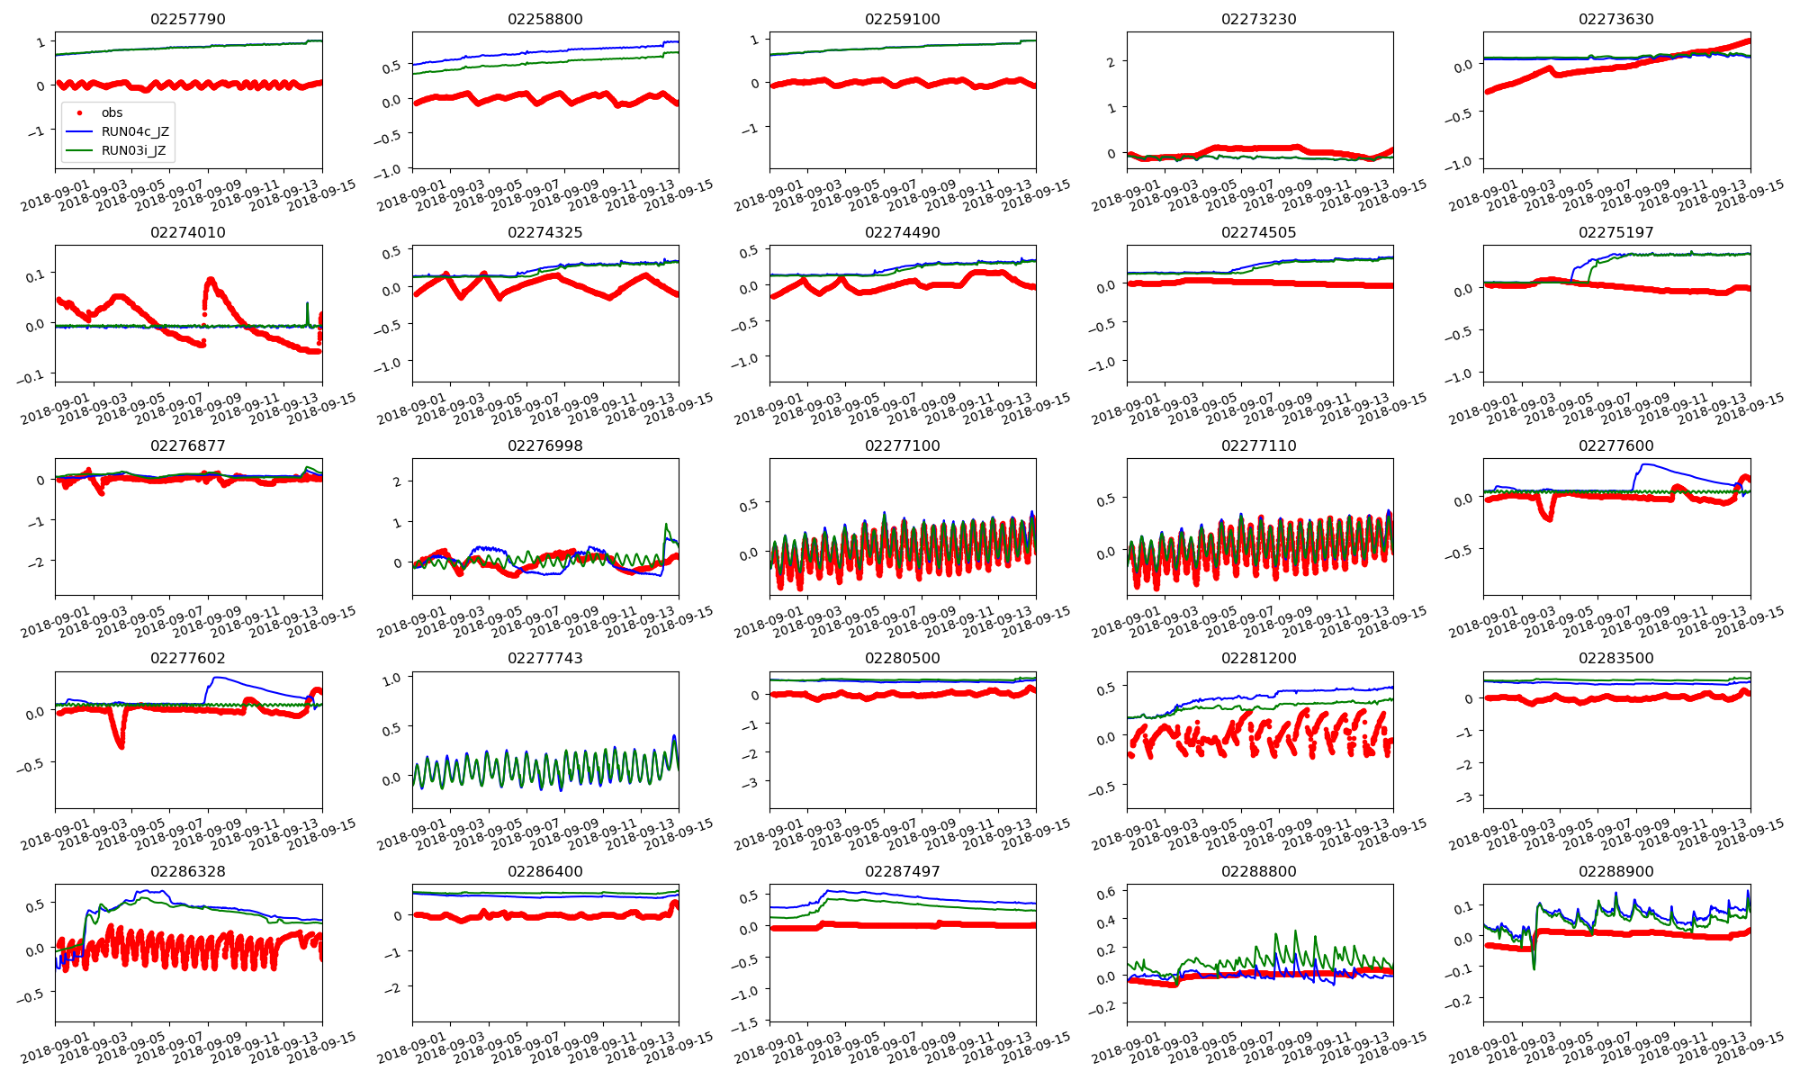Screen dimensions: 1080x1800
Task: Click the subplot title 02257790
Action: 188,19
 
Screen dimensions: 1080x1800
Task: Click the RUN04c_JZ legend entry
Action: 135,131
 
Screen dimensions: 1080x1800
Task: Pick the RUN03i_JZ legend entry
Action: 133,150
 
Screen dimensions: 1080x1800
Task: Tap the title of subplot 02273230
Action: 1259,19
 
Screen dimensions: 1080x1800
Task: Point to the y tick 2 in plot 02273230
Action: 1111,61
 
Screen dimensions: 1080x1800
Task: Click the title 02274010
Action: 188,232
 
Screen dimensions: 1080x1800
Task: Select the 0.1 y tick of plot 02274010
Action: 34,274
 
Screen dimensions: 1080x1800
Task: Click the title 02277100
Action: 902,445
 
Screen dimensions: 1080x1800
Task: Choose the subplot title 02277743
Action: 545,658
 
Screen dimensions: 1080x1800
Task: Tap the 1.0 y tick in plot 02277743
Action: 391,679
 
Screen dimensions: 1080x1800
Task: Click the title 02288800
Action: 1259,871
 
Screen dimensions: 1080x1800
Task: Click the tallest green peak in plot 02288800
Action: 1296,931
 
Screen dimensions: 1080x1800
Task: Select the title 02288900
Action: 1615,871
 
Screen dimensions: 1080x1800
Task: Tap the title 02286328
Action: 188,871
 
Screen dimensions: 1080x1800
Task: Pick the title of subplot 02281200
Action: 1259,658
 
